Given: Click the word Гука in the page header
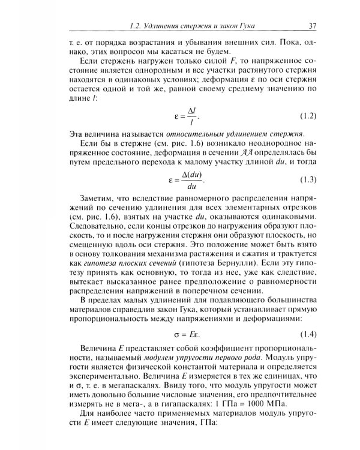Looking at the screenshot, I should [x=266, y=26].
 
